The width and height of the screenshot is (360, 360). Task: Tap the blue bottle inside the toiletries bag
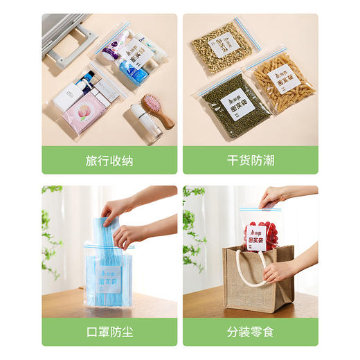click(x=127, y=69)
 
